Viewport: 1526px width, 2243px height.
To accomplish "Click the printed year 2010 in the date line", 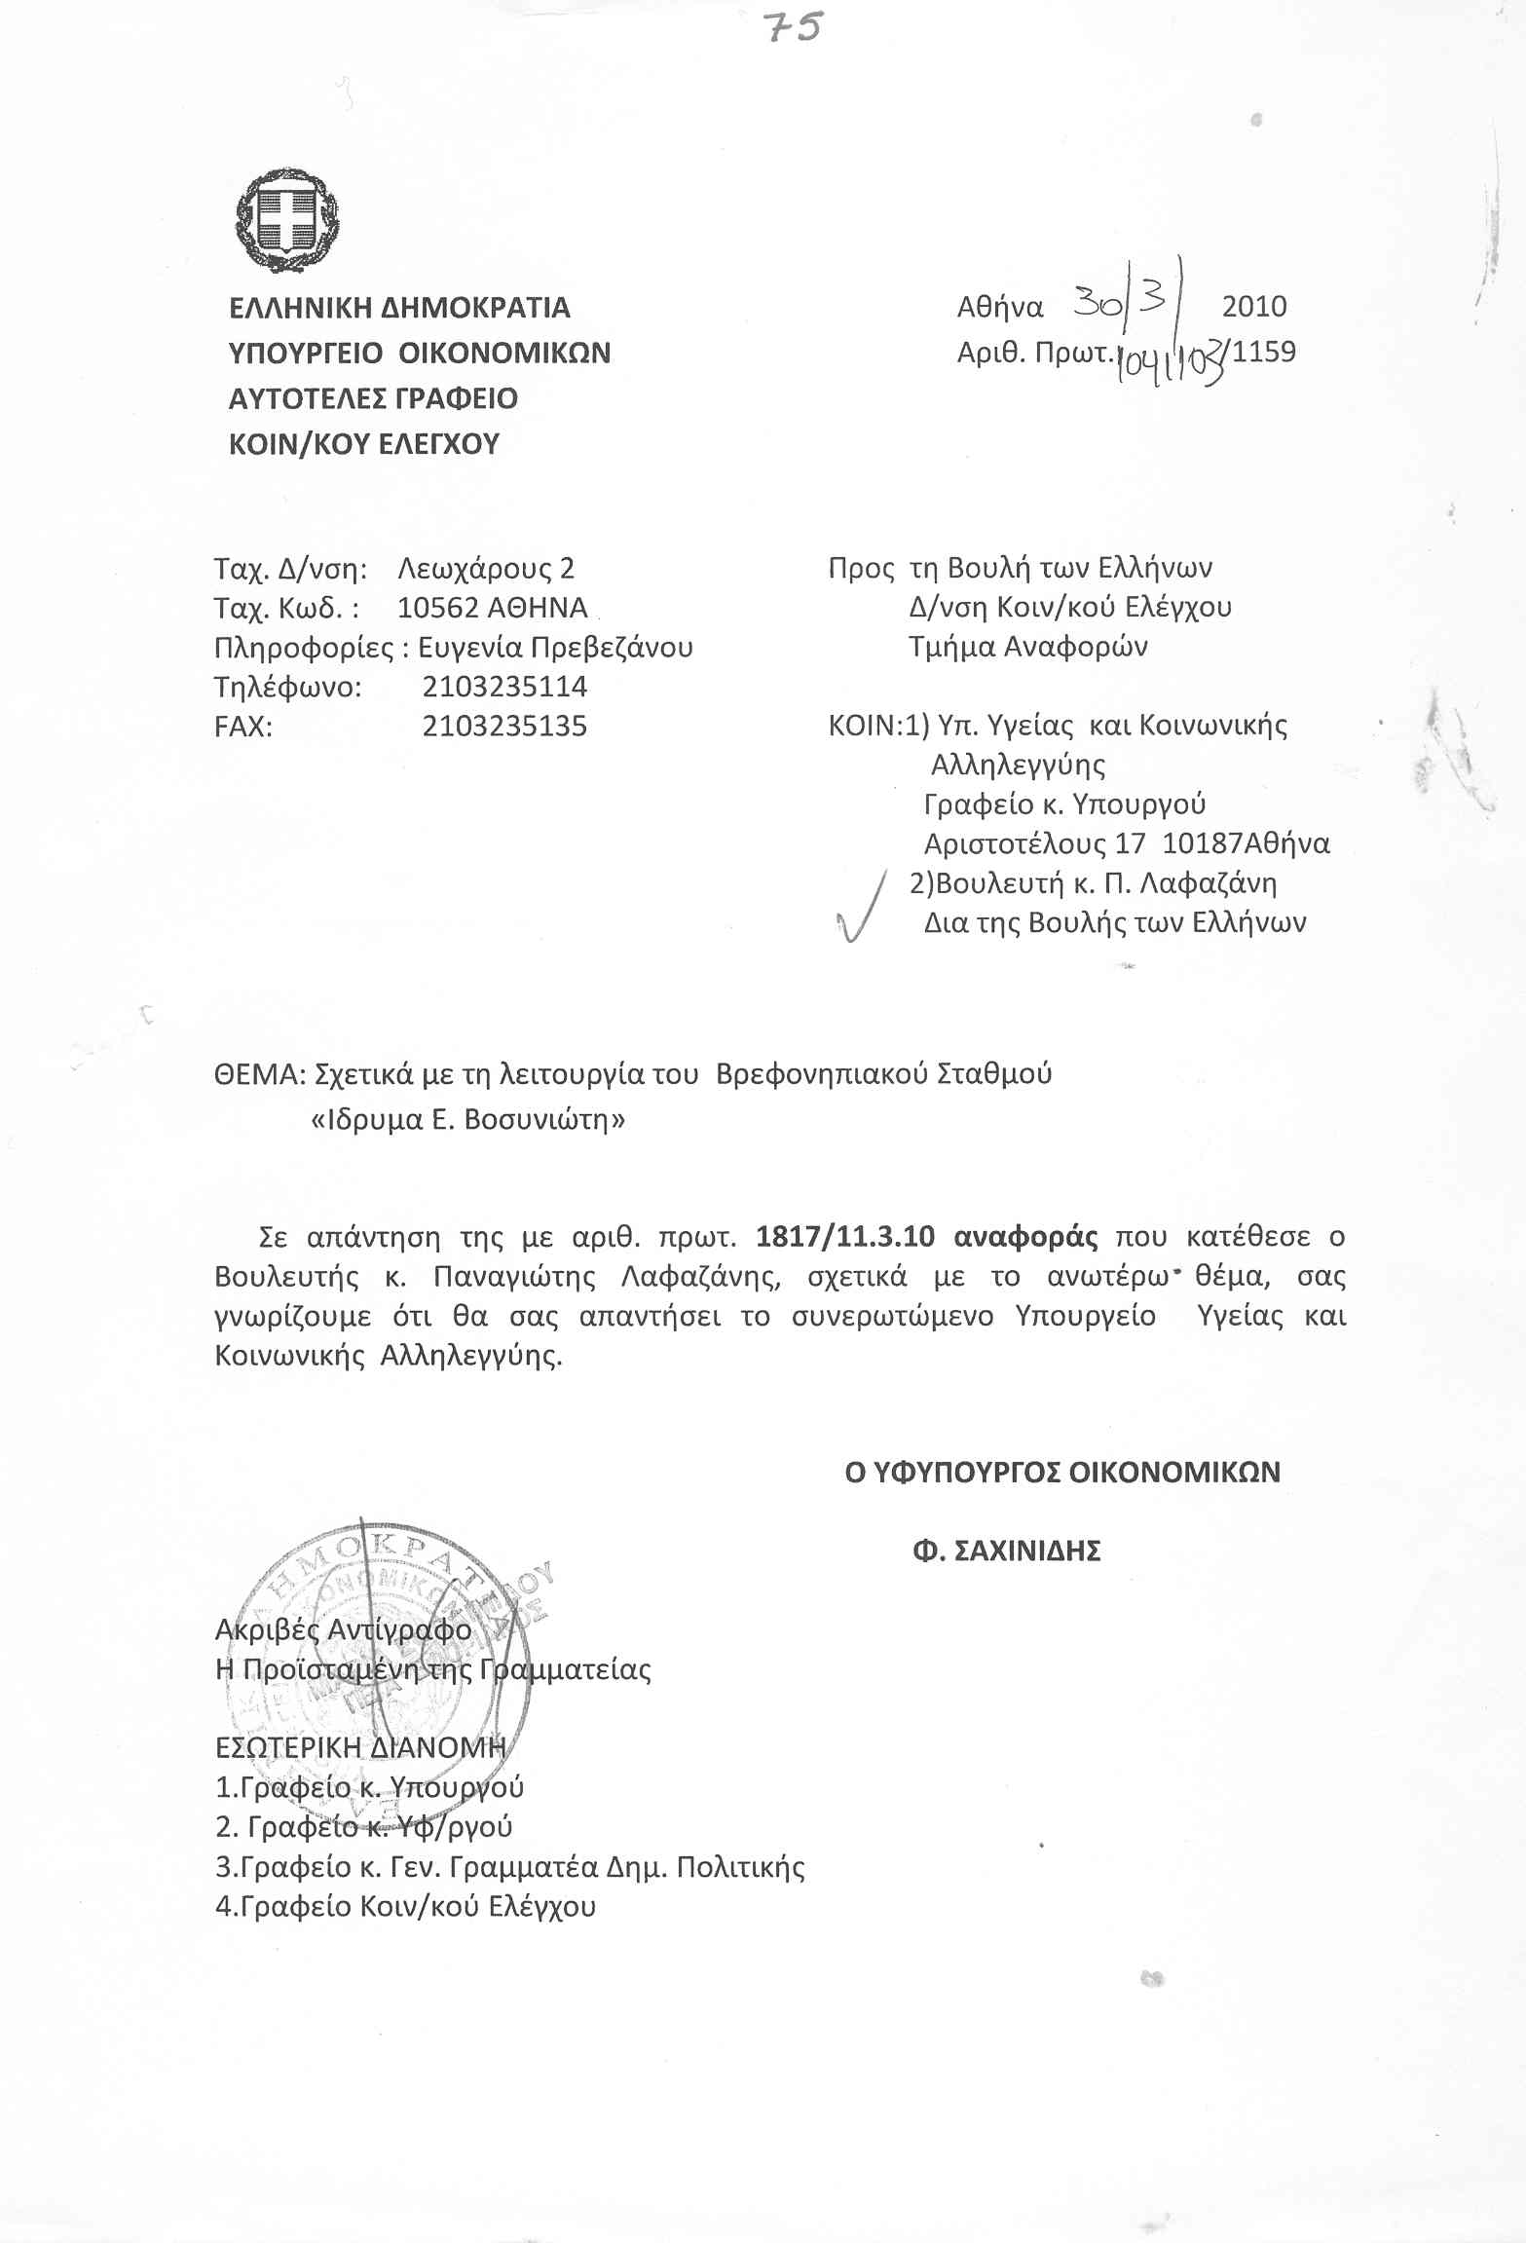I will (x=1254, y=307).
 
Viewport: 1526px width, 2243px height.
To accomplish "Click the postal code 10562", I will (x=439, y=608).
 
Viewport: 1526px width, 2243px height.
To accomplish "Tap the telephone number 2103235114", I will (x=504, y=687).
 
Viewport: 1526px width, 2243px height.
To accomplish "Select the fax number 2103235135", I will (x=504, y=727).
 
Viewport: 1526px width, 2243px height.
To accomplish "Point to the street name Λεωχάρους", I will (x=466, y=568).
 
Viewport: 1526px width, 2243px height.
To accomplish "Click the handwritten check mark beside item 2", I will (x=862, y=908).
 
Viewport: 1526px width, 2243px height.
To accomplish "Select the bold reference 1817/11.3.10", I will (x=845, y=1237).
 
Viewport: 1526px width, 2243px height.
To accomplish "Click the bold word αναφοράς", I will (x=1026, y=1237).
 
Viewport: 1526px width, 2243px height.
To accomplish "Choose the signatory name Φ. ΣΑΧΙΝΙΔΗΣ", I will (x=1006, y=1551).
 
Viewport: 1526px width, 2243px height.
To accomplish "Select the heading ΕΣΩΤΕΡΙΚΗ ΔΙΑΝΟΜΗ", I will (x=360, y=1747).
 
